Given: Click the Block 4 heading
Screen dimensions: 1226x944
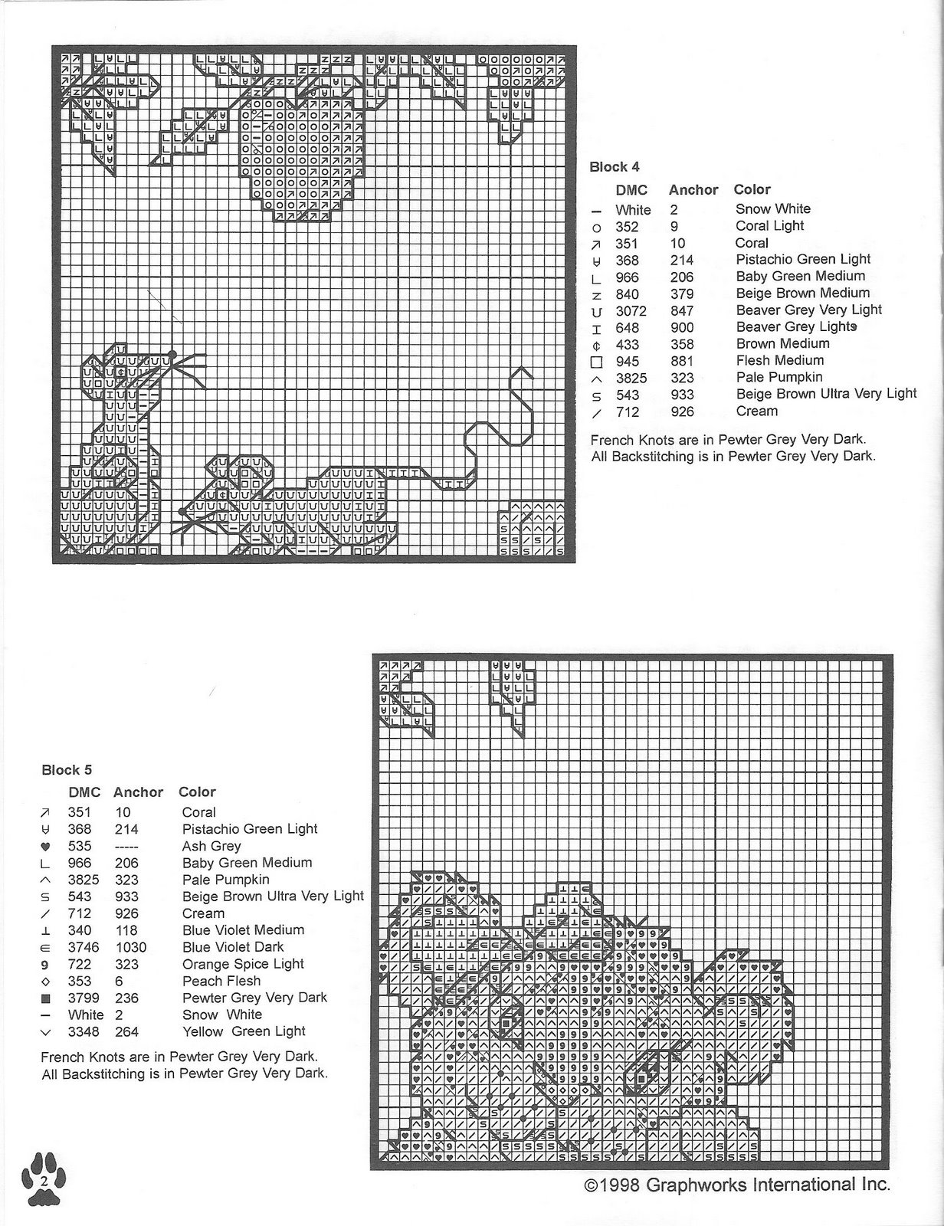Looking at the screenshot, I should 614,167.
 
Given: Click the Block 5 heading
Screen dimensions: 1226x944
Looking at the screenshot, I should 67,770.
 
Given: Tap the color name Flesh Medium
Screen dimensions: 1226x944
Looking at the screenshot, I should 779,360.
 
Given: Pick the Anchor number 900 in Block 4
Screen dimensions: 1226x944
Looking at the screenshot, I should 681,327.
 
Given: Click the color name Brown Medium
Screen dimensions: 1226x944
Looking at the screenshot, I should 782,343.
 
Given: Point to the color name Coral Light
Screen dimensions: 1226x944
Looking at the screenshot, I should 769,225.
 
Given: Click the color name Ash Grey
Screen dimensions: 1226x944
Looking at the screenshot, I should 211,846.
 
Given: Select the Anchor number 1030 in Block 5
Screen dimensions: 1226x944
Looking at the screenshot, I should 129,947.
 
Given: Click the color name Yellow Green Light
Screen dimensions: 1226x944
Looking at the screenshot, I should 244,1031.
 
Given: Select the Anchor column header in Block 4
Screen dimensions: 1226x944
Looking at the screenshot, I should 693,189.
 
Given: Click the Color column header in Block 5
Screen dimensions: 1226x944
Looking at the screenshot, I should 197,792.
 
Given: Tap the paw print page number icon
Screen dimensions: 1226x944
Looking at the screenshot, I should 44,1180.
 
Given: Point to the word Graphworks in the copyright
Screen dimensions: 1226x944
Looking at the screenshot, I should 697,1185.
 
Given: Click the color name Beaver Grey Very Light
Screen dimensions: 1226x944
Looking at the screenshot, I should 808,310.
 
